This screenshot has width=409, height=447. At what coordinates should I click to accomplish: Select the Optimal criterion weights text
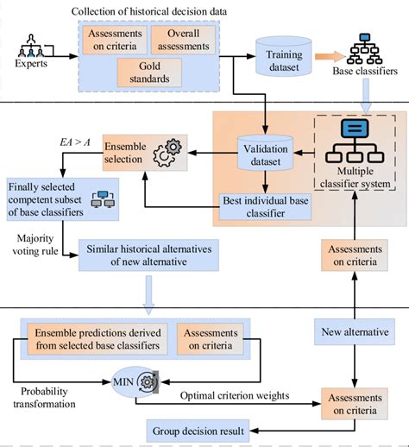pyautogui.click(x=234, y=396)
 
